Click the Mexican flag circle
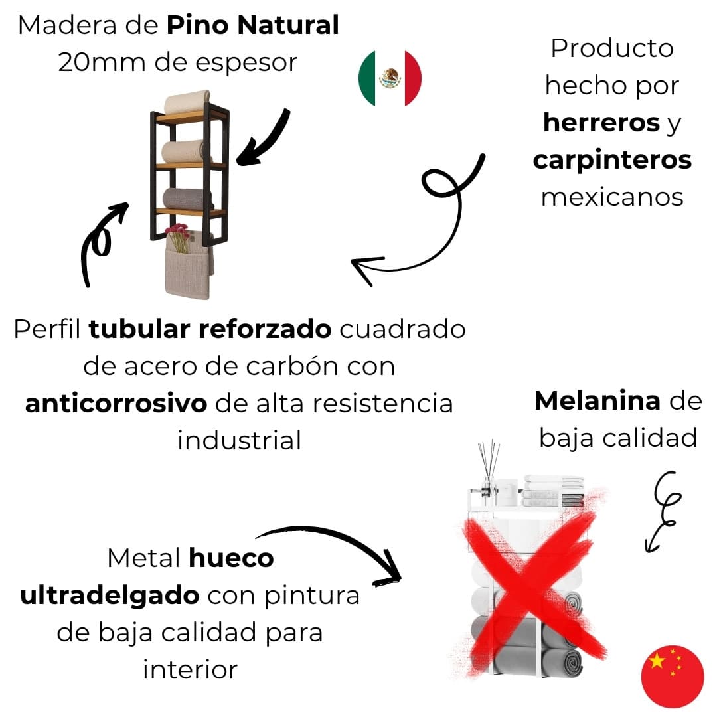[x=390, y=78]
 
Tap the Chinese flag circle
[x=672, y=676]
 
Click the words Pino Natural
[x=252, y=26]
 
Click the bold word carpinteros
[x=612, y=160]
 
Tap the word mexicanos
[x=612, y=197]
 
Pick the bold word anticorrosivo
[x=116, y=404]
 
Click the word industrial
[x=239, y=440]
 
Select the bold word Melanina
[x=597, y=400]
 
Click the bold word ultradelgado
[x=110, y=595]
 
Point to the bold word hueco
[x=231, y=558]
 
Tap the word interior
[x=191, y=669]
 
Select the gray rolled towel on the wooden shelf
[x=188, y=199]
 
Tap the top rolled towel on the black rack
[x=187, y=102]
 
